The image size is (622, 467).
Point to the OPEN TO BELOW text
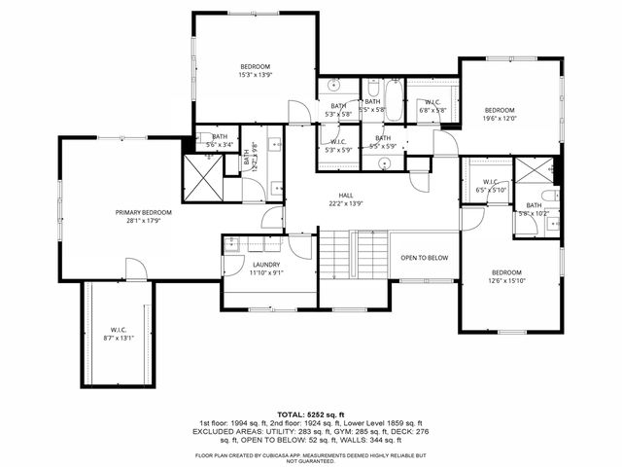pyautogui.click(x=425, y=258)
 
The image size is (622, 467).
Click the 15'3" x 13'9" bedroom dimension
pyautogui.click(x=257, y=74)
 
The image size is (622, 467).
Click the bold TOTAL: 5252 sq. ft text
pyautogui.click(x=311, y=413)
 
